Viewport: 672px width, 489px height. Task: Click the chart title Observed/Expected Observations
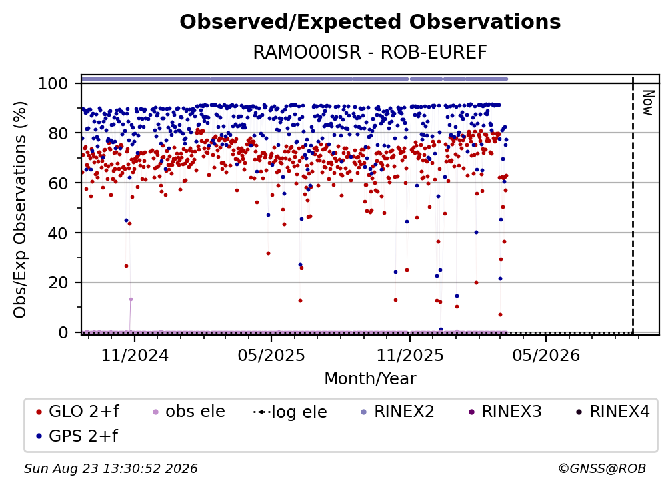370,22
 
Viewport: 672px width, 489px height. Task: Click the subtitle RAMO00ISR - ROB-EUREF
370,53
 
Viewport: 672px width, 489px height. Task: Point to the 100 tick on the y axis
53,83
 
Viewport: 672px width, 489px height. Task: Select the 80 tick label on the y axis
58,133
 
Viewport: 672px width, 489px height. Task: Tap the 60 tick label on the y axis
58,183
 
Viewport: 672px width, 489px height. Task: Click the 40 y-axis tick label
58,233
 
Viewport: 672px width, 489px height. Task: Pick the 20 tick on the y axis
58,283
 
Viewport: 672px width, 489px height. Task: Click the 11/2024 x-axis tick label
135,355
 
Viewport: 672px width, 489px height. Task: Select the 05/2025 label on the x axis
271,355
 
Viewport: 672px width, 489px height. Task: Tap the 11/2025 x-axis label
410,355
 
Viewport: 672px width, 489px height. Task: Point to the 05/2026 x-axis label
546,355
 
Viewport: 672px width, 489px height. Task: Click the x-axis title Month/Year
370,379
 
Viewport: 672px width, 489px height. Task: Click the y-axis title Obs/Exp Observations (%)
20,209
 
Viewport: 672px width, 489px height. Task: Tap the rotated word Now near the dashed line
647,103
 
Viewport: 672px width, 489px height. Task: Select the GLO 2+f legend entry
77,412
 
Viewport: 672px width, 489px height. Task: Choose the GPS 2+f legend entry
77,436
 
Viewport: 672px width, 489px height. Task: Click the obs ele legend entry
186,412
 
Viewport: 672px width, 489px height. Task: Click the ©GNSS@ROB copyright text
602,469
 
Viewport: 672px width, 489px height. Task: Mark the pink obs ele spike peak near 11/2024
131,299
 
